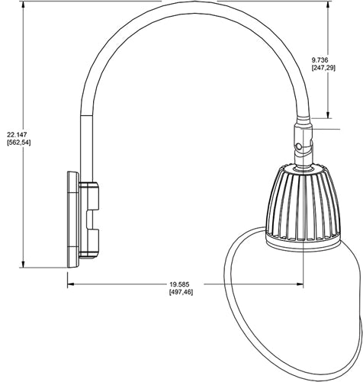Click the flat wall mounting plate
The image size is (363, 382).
[x=72, y=219]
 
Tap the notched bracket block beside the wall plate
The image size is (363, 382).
[x=91, y=219]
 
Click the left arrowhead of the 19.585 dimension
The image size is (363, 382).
[x=72, y=287]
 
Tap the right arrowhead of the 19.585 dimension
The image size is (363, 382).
[x=302, y=287]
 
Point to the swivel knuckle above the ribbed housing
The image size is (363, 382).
[x=303, y=145]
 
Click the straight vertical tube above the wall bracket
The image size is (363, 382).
[x=84, y=145]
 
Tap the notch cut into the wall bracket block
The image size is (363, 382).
[x=93, y=220]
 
